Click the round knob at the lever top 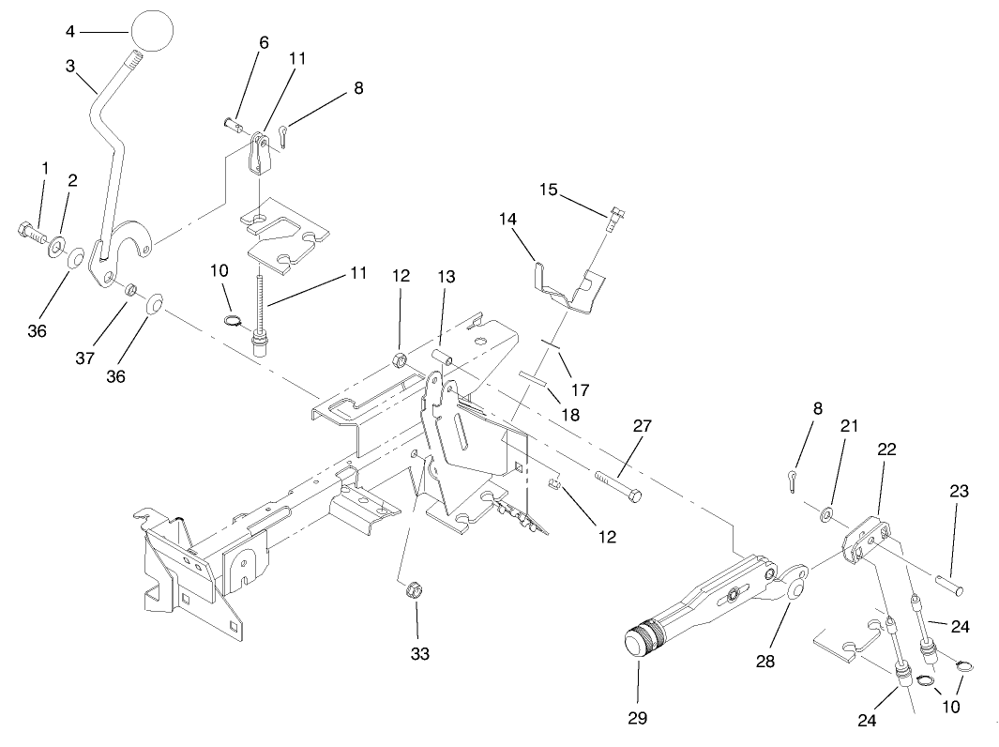tap(154, 30)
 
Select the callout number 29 tap(638, 718)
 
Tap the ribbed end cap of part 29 tap(642, 643)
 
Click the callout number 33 tap(419, 653)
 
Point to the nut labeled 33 tap(410, 591)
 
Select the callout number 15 tap(549, 190)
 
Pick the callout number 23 tap(959, 491)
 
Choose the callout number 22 tap(886, 450)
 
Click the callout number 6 tap(264, 42)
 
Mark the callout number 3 tap(70, 66)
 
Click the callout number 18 tap(569, 413)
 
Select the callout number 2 tap(71, 180)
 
